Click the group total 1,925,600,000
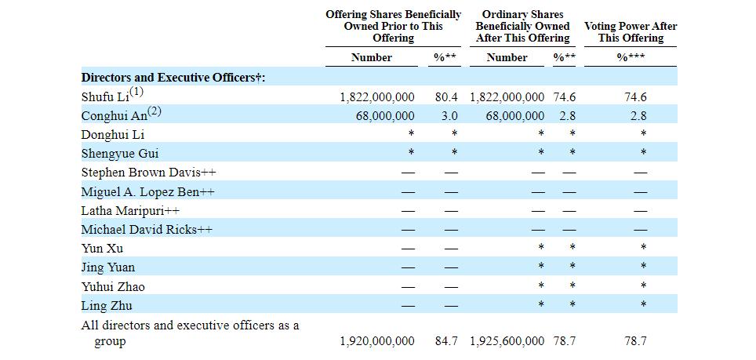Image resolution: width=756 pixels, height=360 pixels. tap(507, 341)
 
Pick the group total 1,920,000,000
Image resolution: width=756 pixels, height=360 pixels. tap(377, 341)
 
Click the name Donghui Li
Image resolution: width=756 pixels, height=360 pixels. tap(113, 135)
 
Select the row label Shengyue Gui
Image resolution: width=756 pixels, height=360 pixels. tap(119, 154)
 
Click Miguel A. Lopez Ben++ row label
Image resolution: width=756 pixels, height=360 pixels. tap(147, 192)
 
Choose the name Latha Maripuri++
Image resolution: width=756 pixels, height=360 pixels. tap(130, 211)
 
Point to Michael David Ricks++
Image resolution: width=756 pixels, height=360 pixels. tap(147, 229)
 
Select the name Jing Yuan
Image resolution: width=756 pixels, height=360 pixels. tap(108, 267)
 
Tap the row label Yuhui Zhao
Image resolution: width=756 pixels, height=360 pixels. tap(113, 287)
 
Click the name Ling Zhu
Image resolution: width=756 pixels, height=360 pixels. tap(107, 306)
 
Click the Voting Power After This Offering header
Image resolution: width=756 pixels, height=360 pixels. tap(631, 32)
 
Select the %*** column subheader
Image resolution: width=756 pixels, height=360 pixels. tap(631, 58)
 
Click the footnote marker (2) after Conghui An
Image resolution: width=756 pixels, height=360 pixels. tap(154, 111)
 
